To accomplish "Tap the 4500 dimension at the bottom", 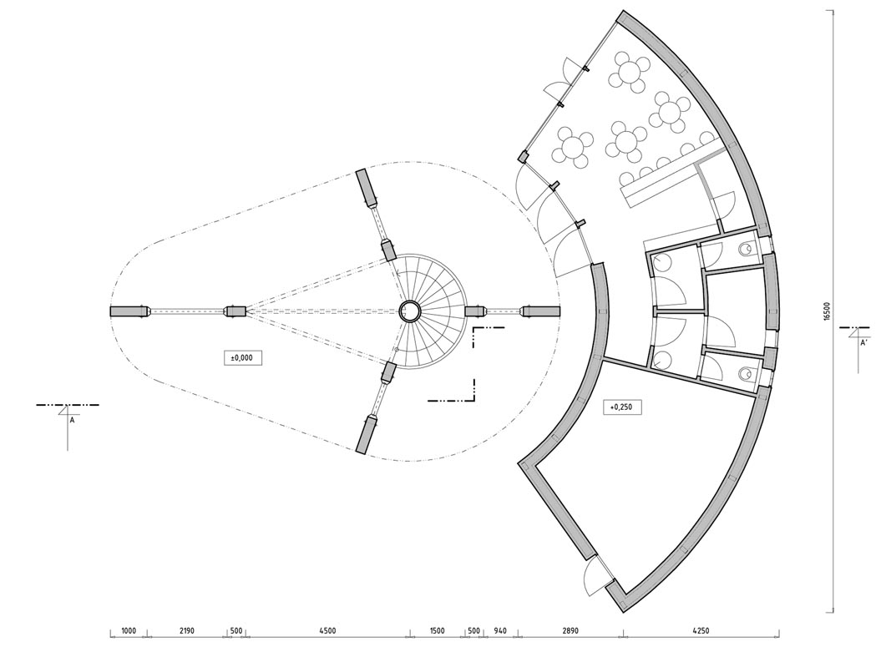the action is [327, 630].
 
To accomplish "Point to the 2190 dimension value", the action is [186, 630].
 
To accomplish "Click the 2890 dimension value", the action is [570, 630].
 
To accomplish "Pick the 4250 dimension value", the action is [700, 630].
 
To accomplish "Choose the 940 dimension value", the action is [499, 630].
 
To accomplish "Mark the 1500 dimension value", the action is [437, 630].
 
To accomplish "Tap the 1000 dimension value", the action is [129, 630].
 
